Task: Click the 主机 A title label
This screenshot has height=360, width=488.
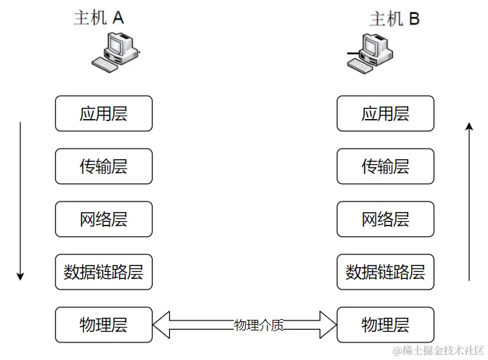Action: [x=99, y=18]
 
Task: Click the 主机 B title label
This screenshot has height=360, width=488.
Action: [x=394, y=18]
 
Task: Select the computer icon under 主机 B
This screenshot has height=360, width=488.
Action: [x=370, y=54]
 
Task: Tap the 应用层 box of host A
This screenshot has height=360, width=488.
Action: [x=104, y=113]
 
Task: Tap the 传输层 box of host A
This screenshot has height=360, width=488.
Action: [x=104, y=166]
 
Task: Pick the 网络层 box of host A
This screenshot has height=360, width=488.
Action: [x=104, y=219]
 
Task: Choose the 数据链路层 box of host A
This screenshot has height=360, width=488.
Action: [x=104, y=272]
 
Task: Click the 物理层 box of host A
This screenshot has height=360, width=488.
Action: [x=104, y=325]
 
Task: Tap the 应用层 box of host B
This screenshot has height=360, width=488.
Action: [x=385, y=113]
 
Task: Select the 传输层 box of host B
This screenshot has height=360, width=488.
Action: [x=385, y=166]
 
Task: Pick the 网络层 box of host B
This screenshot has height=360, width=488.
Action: [x=385, y=219]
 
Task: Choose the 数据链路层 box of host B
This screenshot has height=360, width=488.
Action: [x=385, y=272]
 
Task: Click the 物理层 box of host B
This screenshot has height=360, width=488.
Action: [x=385, y=325]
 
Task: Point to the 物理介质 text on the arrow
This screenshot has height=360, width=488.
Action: [x=258, y=325]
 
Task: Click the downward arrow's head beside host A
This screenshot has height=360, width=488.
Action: [x=20, y=275]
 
